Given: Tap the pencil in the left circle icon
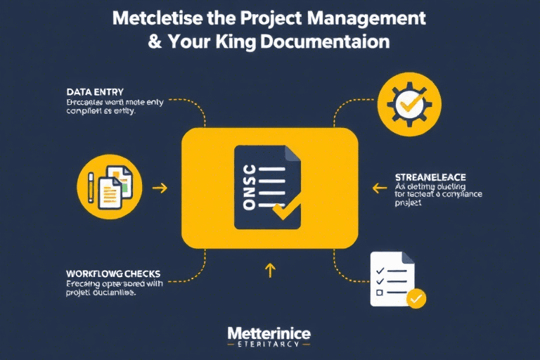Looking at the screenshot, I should (x=91, y=186).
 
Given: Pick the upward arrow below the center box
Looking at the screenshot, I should (x=270, y=270).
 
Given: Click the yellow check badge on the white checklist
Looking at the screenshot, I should (x=416, y=298).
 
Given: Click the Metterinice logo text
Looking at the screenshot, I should (x=269, y=333).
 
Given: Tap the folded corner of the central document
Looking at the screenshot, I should (x=291, y=153).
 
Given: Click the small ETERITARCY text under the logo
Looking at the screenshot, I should (x=269, y=345).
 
